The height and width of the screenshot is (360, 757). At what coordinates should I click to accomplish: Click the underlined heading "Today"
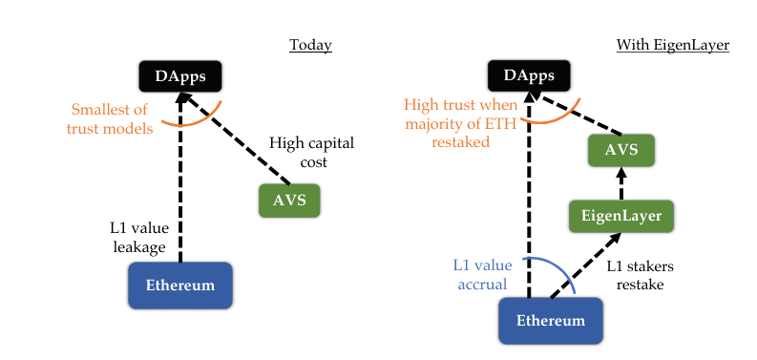(311, 45)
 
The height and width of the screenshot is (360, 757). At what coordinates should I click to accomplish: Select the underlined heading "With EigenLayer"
(672, 45)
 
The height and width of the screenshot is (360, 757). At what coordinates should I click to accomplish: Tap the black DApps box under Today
(179, 75)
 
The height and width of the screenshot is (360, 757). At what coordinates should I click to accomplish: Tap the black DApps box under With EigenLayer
(529, 75)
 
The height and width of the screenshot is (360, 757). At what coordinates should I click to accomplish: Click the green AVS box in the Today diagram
(289, 201)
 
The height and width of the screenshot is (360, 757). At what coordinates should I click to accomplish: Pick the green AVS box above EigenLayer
(620, 150)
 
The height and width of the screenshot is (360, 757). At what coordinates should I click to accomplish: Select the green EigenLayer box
(621, 215)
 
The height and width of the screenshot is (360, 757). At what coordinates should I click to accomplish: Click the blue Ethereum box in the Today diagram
(179, 285)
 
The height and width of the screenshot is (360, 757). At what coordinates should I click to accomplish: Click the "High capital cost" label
(311, 153)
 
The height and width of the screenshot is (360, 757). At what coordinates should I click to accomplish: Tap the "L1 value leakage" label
(137, 238)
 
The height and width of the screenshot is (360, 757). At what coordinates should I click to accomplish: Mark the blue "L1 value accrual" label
(482, 274)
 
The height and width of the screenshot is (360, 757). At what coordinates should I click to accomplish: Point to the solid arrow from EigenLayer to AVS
(620, 183)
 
